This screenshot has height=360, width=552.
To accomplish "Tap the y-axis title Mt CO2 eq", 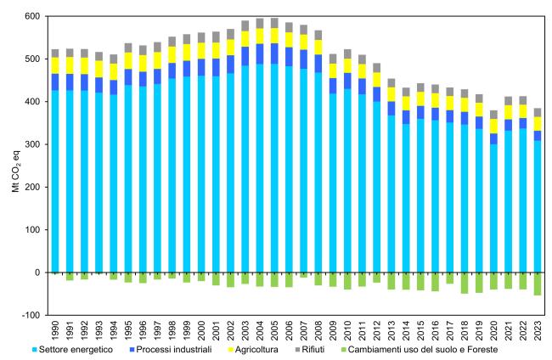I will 14,166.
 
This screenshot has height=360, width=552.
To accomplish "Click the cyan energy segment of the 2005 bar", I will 274,170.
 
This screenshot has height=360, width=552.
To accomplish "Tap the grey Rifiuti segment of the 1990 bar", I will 56,53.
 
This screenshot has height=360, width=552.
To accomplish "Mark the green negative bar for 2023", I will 537,284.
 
